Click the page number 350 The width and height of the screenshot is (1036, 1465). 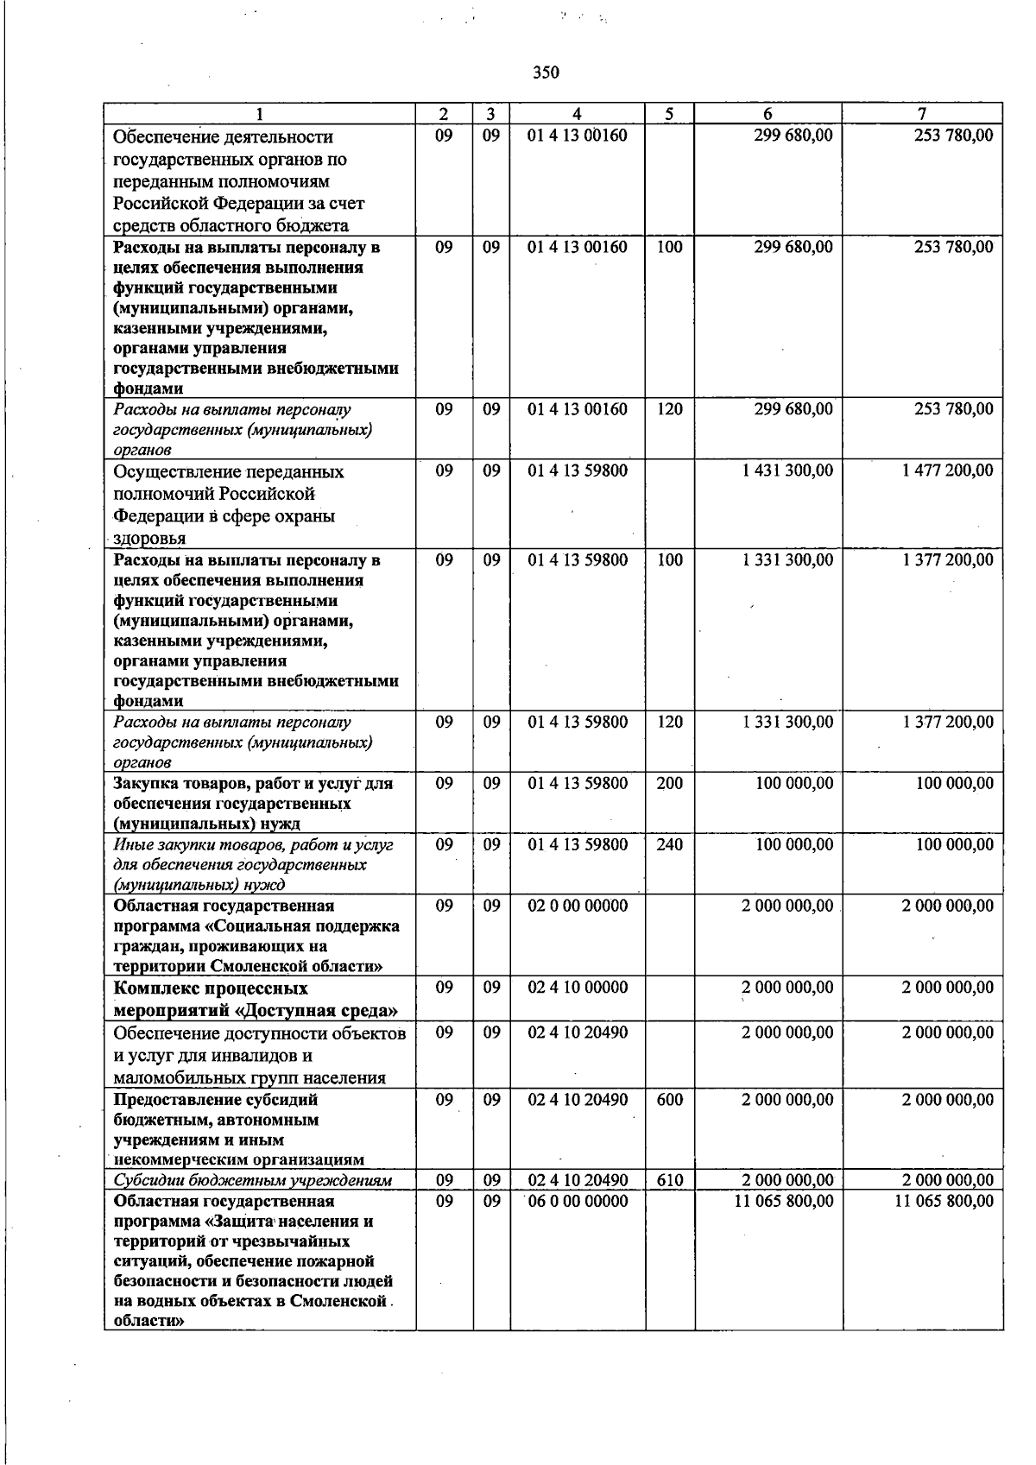click(546, 73)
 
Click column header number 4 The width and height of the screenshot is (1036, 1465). click(577, 114)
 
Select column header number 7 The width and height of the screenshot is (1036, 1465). click(922, 114)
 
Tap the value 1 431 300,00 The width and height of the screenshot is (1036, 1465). click(787, 470)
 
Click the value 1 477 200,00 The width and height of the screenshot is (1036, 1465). click(948, 470)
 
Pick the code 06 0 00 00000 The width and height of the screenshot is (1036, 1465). click(578, 1201)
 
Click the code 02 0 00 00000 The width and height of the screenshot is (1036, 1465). click(578, 906)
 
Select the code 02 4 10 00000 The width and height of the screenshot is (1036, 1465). click(578, 987)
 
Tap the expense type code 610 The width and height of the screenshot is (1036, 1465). click(669, 1180)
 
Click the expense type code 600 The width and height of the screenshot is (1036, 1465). click(669, 1100)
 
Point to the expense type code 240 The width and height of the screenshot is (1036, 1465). click(669, 844)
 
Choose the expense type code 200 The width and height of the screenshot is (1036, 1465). click(669, 783)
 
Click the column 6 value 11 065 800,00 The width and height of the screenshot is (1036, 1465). click(784, 1201)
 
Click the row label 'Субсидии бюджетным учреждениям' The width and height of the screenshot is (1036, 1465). click(253, 1180)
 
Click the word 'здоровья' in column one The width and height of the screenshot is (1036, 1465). click(150, 539)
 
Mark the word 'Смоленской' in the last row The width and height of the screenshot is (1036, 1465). click(338, 1302)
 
